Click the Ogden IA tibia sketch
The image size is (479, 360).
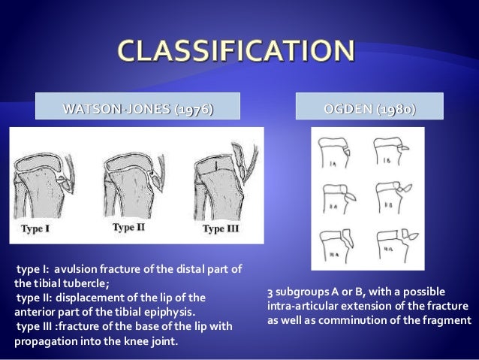[x=336, y=153]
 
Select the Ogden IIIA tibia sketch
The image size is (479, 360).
[x=336, y=242]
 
